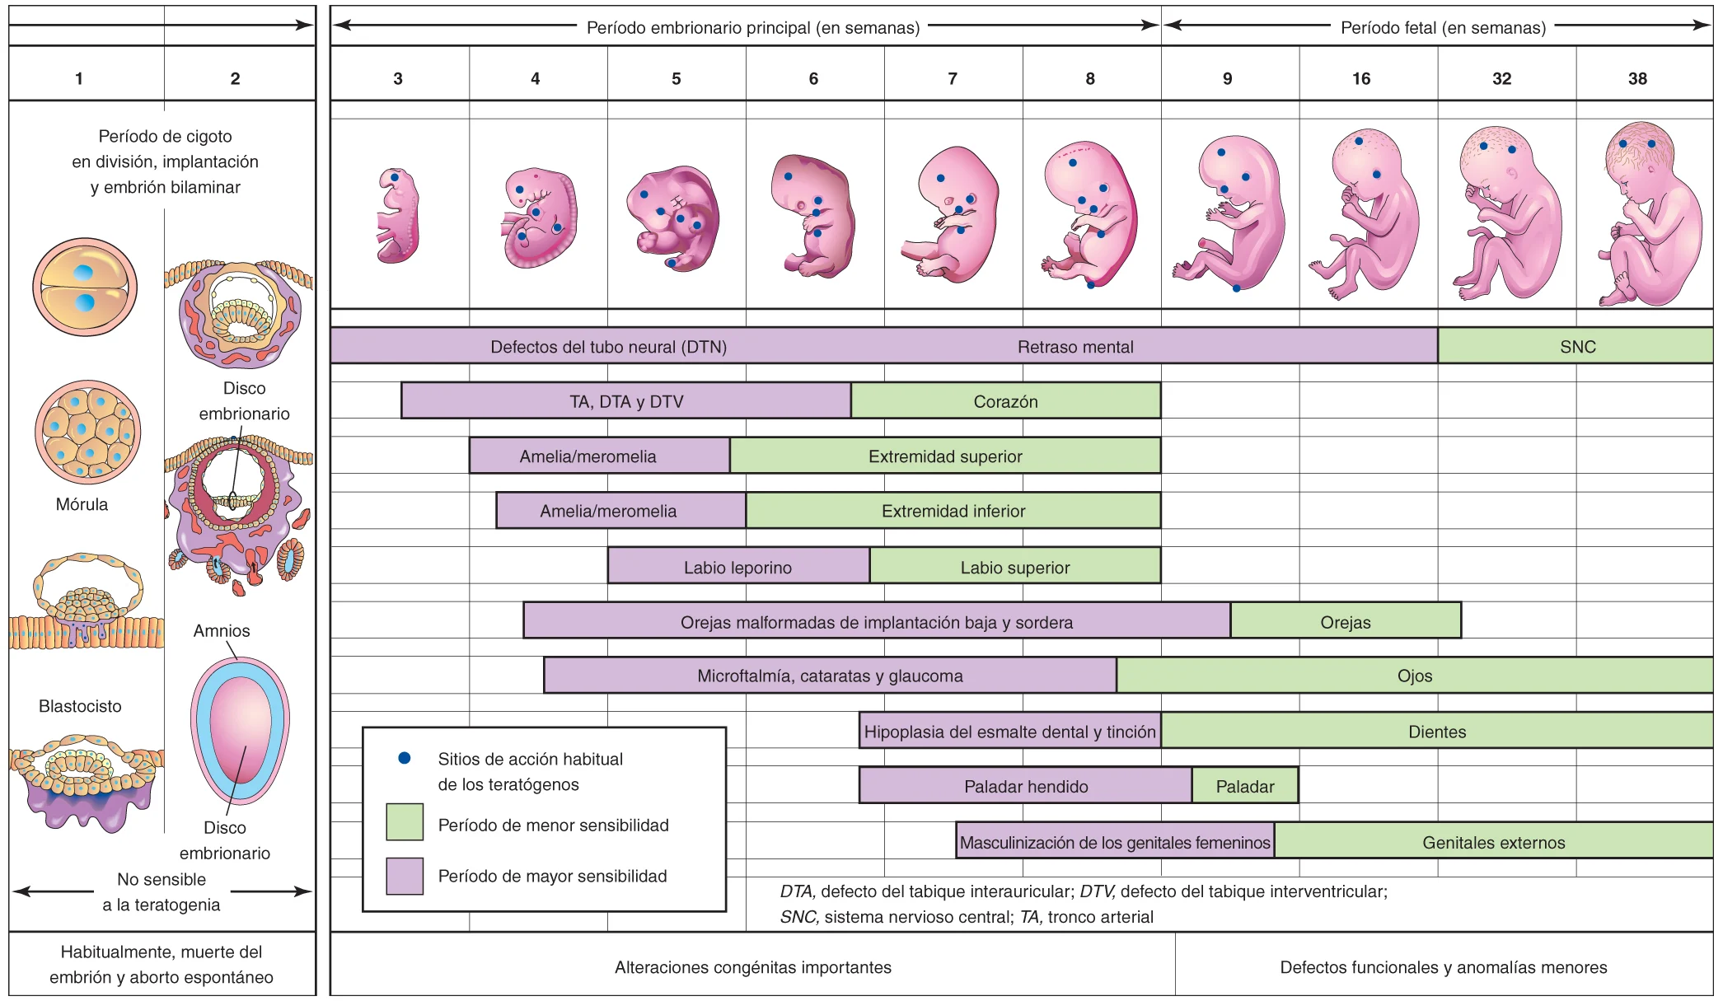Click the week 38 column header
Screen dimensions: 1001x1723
(x=1637, y=78)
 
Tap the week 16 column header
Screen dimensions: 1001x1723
(x=1361, y=78)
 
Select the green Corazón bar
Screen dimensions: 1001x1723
(x=1005, y=401)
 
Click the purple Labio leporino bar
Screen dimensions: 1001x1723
(x=737, y=567)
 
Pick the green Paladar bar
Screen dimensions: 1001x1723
(x=1244, y=786)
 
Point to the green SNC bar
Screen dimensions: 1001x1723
(x=1577, y=347)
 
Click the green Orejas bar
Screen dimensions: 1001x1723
(x=1345, y=622)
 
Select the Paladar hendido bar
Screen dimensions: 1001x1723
(x=1025, y=786)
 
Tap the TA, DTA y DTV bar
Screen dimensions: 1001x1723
(x=626, y=401)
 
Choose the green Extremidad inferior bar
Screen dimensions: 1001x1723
(x=953, y=511)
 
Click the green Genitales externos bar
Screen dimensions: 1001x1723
(x=1493, y=842)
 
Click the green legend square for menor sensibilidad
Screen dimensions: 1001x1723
(x=405, y=822)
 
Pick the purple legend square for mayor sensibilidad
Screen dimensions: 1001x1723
(x=405, y=876)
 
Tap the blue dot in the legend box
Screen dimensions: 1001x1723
(x=405, y=758)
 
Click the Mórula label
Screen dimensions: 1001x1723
(x=82, y=504)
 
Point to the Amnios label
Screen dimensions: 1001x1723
(x=222, y=630)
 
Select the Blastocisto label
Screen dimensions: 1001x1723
(x=80, y=706)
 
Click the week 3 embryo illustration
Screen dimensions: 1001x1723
(x=398, y=216)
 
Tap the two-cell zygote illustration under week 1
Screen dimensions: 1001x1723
(x=85, y=287)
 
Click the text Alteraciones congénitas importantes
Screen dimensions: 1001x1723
(x=752, y=967)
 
